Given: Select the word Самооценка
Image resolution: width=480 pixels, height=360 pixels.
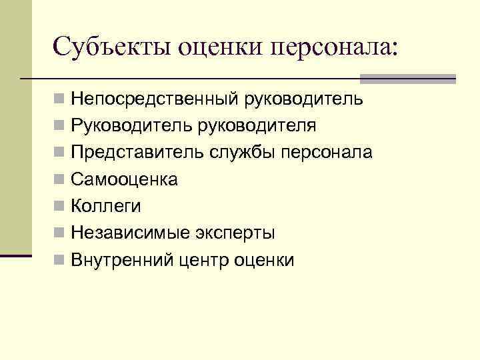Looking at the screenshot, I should click(125, 180).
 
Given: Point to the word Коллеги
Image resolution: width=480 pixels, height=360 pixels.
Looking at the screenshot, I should click(106, 207).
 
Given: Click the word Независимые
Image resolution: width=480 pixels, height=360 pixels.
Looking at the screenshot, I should click(131, 233).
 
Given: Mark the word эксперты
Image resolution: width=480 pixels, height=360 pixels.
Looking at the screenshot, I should click(235, 233).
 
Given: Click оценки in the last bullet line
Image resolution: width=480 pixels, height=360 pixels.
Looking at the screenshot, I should click(265, 261).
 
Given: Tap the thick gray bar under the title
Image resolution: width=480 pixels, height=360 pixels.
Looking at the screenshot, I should click(408, 79).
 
